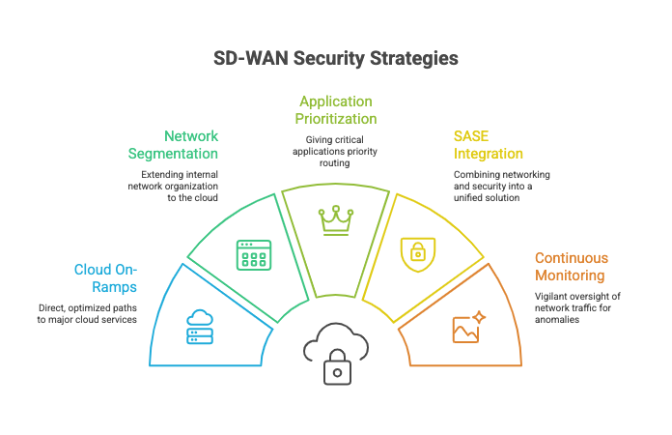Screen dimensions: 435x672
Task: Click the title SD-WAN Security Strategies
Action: coord(335,58)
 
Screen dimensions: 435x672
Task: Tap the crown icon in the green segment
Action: coord(335,221)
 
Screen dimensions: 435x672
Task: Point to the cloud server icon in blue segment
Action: coord(198,327)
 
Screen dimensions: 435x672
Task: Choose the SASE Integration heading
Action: coord(489,145)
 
